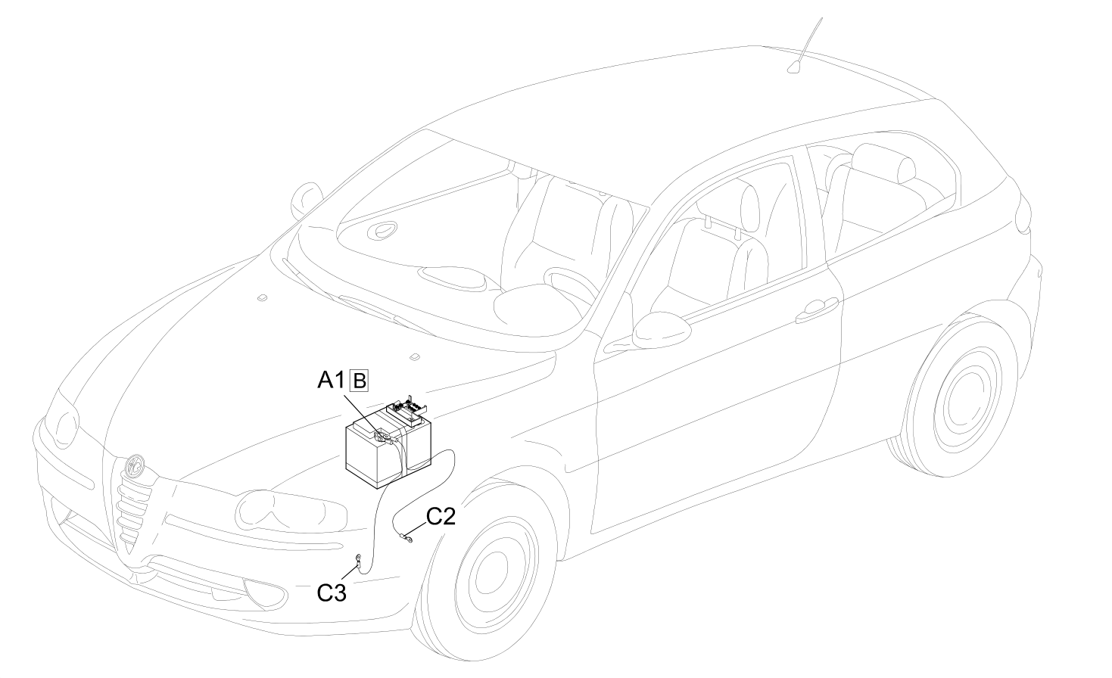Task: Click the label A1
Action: click(331, 381)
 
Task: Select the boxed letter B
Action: click(359, 381)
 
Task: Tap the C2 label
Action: click(441, 517)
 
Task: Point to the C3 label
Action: click(332, 592)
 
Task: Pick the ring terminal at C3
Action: click(357, 561)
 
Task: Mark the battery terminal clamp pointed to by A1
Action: click(383, 437)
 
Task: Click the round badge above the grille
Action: click(134, 465)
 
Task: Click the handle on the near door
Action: click(817, 309)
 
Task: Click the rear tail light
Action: click(1023, 213)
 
